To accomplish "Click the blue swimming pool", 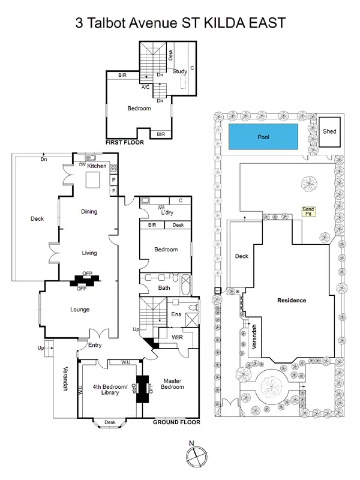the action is coord(263,137).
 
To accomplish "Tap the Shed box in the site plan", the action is coord(329,131).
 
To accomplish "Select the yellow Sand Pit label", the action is coord(308,212).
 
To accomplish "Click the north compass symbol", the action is coord(196,457).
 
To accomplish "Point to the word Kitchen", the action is coord(97,166).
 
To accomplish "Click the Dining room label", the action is coord(89,211).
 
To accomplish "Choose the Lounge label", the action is coord(80,310).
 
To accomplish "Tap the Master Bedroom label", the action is coord(172,384).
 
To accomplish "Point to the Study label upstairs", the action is coord(179,71).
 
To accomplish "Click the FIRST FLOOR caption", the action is coord(123,143).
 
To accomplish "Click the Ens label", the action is coord(176,314).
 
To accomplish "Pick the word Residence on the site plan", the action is coord(292,300).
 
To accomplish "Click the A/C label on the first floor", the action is coord(145,87).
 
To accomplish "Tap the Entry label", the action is coord(95,345).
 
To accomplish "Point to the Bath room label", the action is coord(164,287).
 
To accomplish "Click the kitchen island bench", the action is coord(93,179).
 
